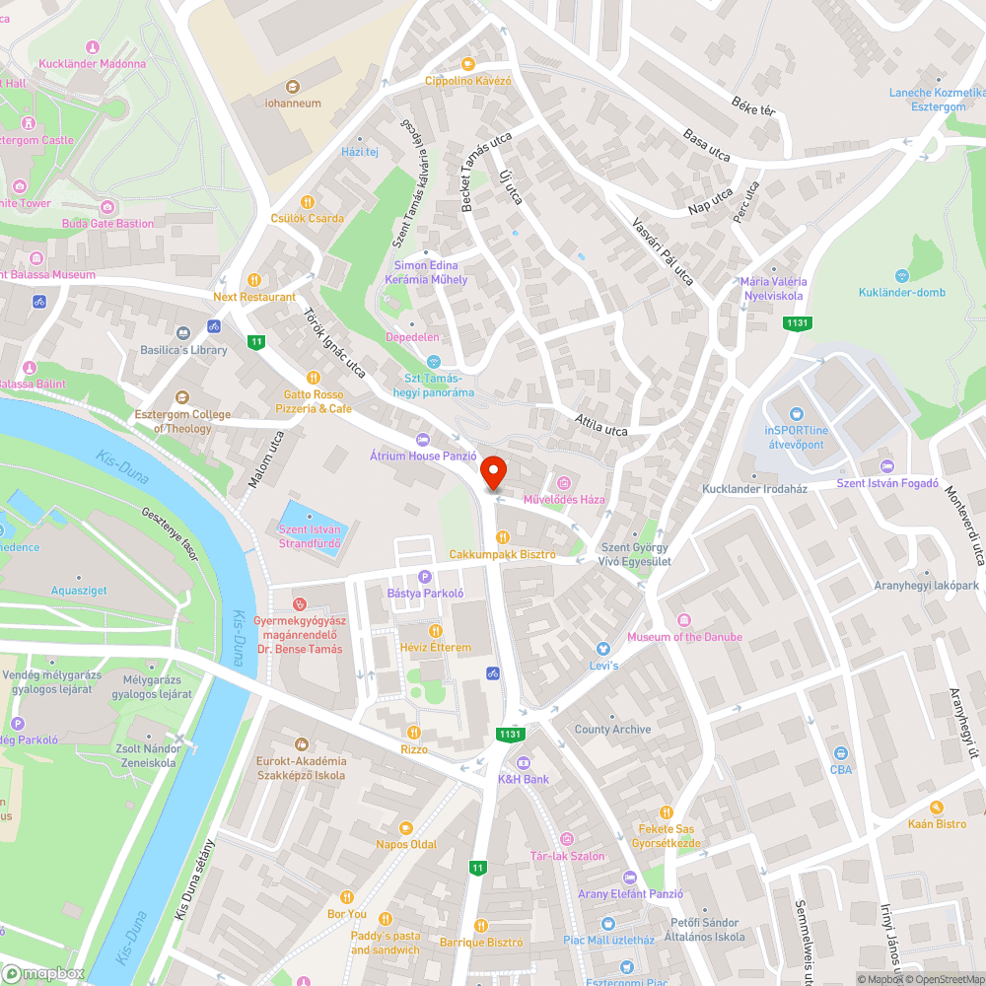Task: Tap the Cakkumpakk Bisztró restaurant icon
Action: (503, 537)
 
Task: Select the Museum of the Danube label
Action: (684, 637)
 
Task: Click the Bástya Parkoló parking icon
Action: (426, 577)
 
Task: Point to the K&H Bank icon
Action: (524, 762)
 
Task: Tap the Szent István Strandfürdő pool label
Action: (311, 536)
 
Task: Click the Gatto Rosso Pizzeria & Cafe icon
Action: (313, 377)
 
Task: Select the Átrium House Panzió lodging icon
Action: (423, 439)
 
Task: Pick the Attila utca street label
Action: (601, 425)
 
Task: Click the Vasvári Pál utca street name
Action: (663, 251)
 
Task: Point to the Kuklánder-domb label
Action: (901, 292)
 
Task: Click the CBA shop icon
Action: (840, 753)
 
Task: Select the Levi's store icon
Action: (603, 649)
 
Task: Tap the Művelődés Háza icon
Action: (564, 482)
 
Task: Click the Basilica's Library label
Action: (183, 349)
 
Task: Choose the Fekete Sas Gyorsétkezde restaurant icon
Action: (668, 811)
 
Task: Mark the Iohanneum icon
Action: (293, 87)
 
